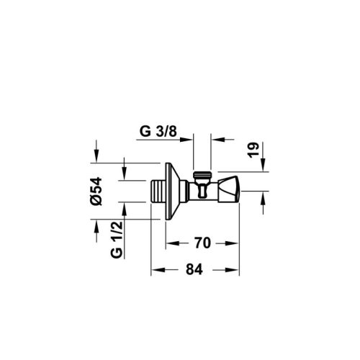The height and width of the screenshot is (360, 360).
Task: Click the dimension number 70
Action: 202,244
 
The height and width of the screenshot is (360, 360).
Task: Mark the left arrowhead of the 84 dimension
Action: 155,270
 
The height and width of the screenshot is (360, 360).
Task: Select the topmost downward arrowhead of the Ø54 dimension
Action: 96,155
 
